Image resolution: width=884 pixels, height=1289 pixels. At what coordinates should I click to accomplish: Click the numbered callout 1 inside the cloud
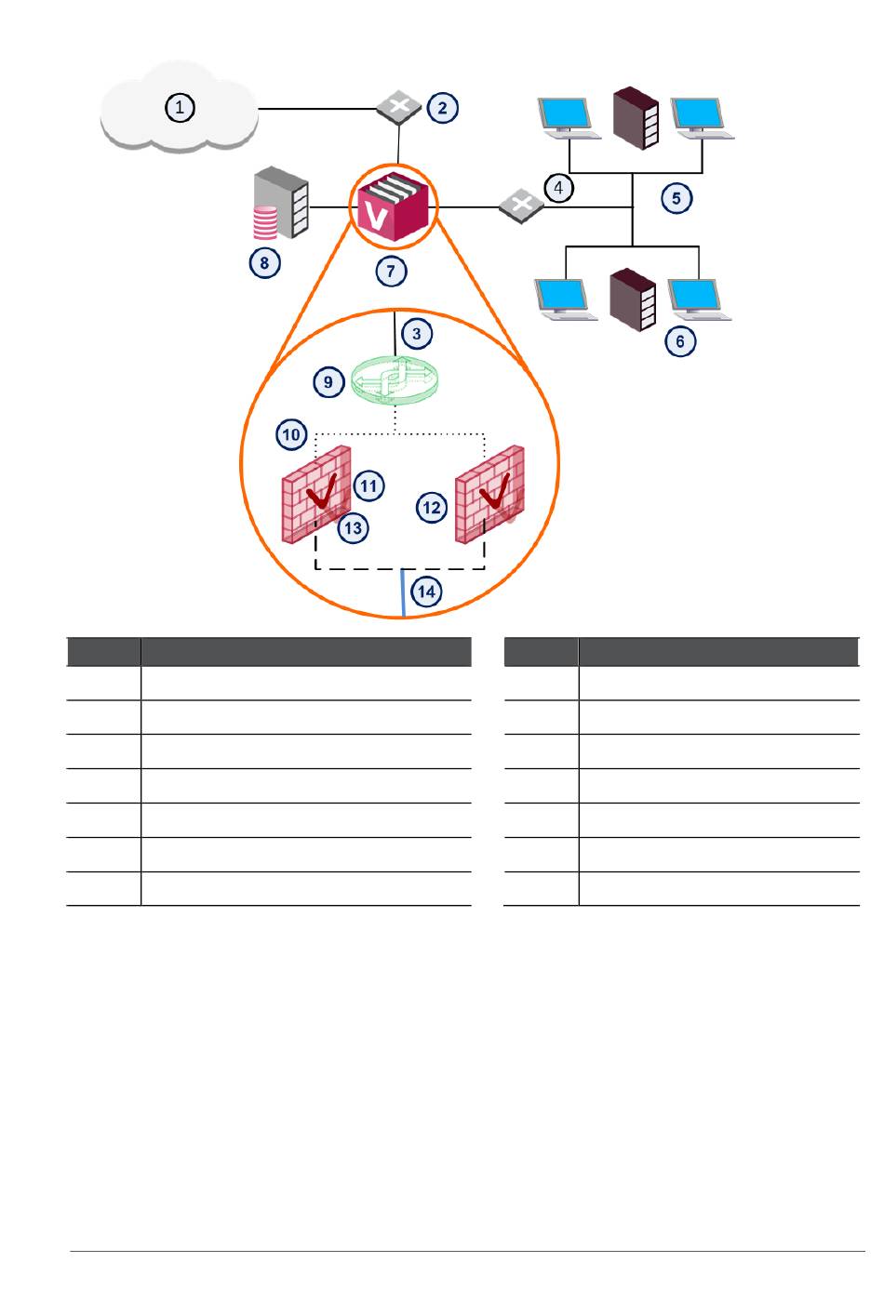click(180, 108)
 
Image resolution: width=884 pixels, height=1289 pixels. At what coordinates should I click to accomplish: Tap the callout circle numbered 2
click(442, 108)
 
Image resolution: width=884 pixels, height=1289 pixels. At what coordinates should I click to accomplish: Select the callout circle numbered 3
click(416, 334)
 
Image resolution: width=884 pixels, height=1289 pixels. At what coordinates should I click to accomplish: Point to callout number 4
click(558, 188)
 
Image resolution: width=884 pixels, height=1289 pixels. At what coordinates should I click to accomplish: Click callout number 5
click(676, 198)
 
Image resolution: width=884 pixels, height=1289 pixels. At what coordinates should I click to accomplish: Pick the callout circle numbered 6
click(680, 342)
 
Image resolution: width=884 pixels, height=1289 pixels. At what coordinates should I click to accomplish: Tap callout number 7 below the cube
click(391, 271)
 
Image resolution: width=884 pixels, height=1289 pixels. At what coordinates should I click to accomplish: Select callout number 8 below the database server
click(264, 263)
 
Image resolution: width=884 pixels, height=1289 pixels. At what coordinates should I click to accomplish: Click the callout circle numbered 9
click(328, 382)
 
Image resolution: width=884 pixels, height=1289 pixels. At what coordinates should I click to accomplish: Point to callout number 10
click(291, 434)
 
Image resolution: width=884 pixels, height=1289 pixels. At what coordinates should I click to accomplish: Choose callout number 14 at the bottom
click(426, 591)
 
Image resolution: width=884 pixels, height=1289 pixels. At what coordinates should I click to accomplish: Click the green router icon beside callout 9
click(395, 379)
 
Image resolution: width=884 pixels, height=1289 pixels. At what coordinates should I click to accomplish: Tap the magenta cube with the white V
click(394, 206)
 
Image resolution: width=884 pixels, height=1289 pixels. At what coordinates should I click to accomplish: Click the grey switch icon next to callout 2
click(398, 108)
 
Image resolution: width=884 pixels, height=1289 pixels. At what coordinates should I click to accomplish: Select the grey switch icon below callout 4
click(521, 206)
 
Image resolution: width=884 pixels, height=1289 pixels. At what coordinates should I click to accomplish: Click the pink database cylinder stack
click(265, 222)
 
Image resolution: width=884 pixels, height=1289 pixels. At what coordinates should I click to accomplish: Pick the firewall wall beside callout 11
click(316, 495)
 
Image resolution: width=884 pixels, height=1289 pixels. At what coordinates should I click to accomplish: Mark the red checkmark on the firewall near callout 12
click(495, 491)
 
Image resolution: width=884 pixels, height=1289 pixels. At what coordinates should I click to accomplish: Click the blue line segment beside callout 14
click(403, 592)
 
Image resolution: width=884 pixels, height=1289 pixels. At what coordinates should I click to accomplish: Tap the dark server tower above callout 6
click(633, 299)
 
